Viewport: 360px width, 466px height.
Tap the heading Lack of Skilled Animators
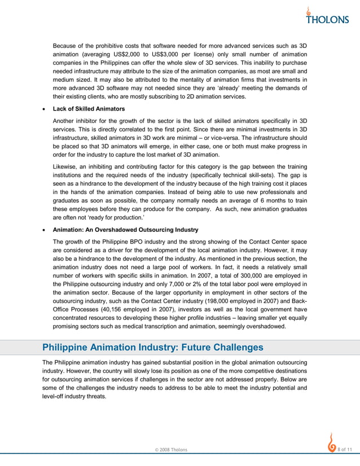click(89, 108)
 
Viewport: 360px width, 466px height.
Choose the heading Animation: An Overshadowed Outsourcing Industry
click(125, 230)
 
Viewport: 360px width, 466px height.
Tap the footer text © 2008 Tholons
click(172, 449)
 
